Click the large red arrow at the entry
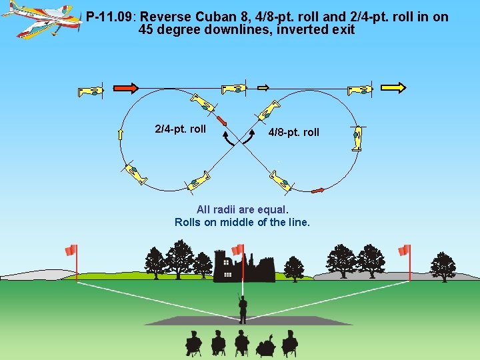(x=125, y=87)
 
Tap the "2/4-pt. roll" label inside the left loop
(x=180, y=129)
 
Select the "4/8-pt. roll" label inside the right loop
(x=294, y=132)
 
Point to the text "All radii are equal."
(x=242, y=209)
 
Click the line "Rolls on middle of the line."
(x=242, y=222)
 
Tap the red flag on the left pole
(x=71, y=250)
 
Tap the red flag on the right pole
(x=403, y=250)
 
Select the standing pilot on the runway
(x=243, y=309)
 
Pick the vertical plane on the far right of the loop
(x=359, y=138)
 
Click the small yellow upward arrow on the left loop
(x=121, y=135)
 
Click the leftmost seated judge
(x=193, y=343)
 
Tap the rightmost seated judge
(x=289, y=343)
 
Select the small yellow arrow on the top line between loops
(x=263, y=87)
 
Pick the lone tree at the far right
(x=443, y=266)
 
